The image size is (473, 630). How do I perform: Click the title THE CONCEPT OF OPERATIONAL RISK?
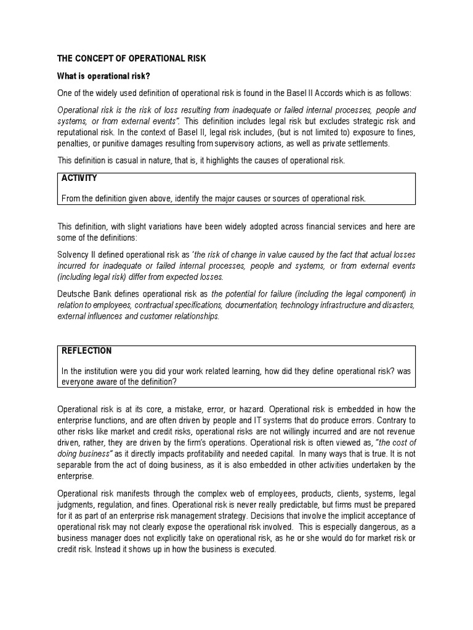point(132,58)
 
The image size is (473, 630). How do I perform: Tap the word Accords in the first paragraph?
point(338,92)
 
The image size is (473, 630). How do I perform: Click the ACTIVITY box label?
point(79,178)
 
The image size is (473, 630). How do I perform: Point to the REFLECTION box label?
point(87,351)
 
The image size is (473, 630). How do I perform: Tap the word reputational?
point(80,132)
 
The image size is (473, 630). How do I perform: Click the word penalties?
point(74,143)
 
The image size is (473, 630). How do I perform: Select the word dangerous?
point(372,527)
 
